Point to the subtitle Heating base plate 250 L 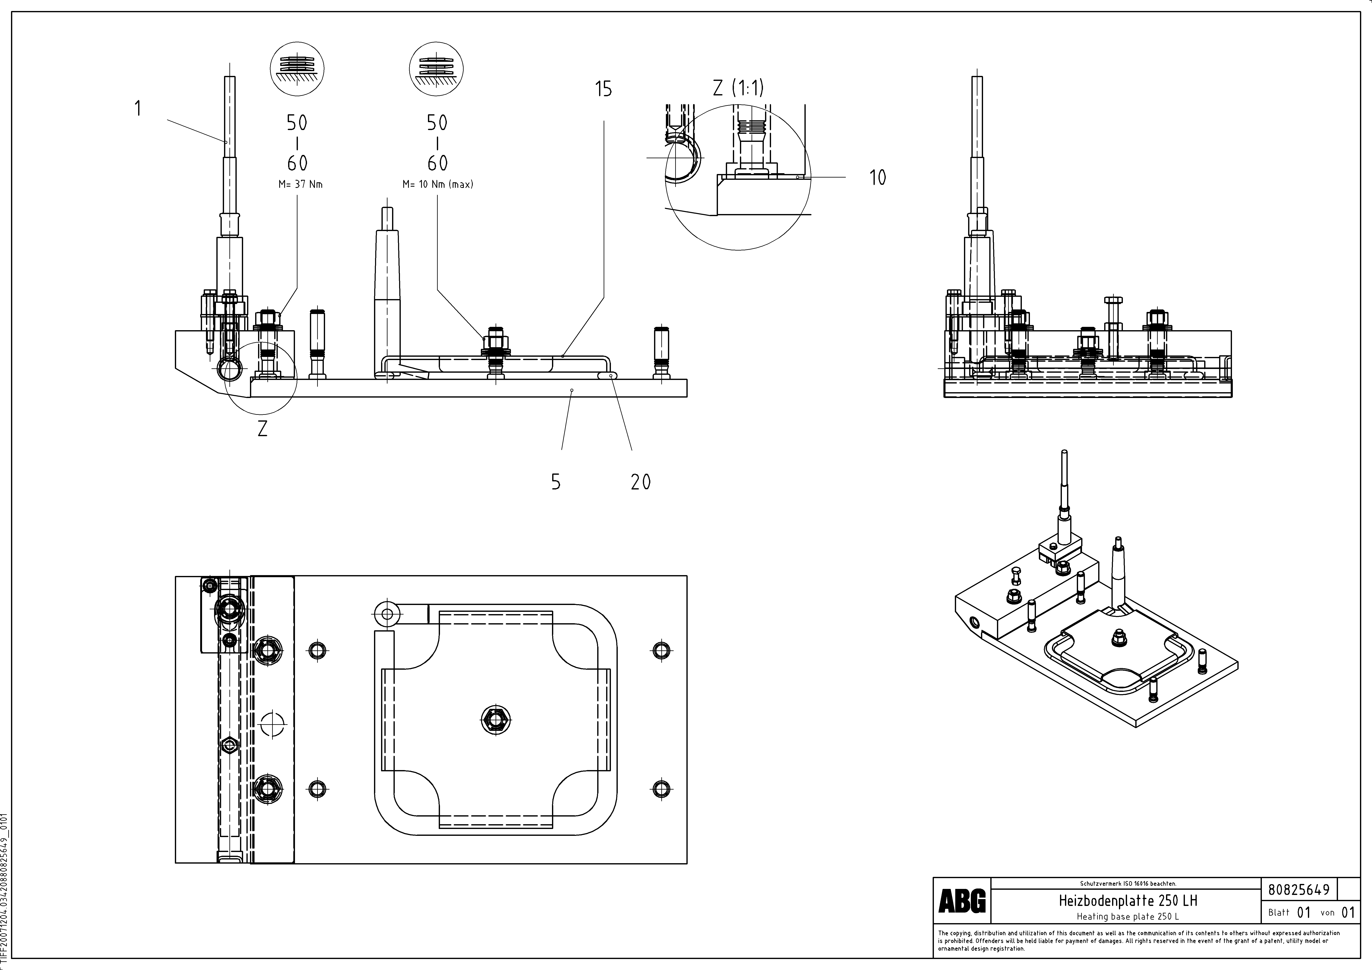tap(1128, 916)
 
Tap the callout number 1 tap(138, 109)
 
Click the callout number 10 tap(877, 177)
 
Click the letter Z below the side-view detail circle tap(262, 429)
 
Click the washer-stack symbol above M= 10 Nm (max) tap(436, 68)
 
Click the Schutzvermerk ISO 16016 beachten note tap(1128, 883)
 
